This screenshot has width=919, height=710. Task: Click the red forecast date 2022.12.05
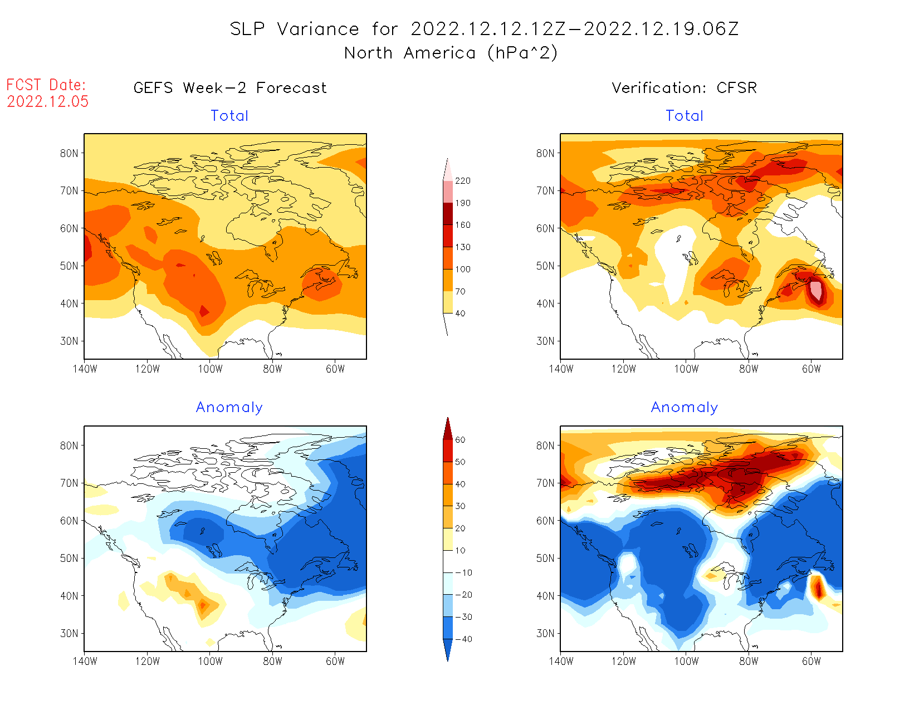(x=48, y=102)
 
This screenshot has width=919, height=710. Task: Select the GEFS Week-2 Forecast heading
(x=230, y=88)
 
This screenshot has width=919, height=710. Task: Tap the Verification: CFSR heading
(x=684, y=88)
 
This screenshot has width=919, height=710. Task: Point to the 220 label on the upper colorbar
(x=462, y=181)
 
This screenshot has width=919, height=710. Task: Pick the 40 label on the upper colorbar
(x=460, y=314)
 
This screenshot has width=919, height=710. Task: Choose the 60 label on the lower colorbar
(x=460, y=440)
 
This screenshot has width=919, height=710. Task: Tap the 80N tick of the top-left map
(x=69, y=153)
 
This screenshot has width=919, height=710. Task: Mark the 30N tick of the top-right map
(x=545, y=341)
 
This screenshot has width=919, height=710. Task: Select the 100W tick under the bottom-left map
(x=210, y=661)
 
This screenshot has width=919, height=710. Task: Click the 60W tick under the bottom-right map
(x=812, y=661)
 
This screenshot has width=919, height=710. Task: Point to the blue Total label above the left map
(x=229, y=116)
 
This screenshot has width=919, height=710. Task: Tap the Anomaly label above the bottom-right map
(x=685, y=408)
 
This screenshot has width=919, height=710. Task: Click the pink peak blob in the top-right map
(x=816, y=290)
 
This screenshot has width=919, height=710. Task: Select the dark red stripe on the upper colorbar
(x=448, y=214)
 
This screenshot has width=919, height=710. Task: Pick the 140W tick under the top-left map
(x=85, y=369)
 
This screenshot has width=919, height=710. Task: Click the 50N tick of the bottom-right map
(x=545, y=558)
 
